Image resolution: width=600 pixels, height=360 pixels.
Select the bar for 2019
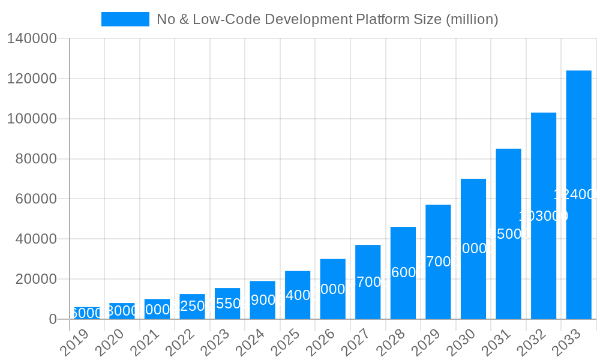[x=87, y=313]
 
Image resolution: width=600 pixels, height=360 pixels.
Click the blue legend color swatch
[x=125, y=19]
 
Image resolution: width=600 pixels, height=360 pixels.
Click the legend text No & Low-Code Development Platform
[x=327, y=19]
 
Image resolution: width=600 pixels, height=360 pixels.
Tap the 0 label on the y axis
[x=53, y=319]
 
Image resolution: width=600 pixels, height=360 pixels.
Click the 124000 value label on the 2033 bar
[x=576, y=194]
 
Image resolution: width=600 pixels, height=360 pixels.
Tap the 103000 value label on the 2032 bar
[x=543, y=216]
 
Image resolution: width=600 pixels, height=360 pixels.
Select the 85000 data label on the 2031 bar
[x=508, y=234]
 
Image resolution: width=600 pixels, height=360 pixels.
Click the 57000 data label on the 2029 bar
[x=438, y=262]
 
